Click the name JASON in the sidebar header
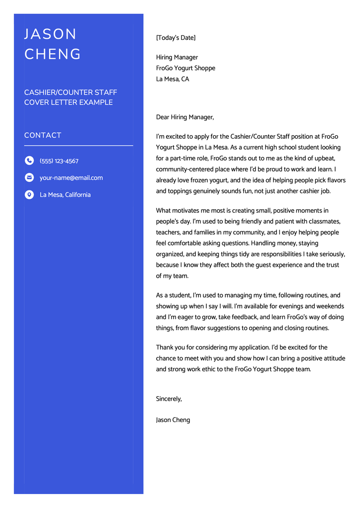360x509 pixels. [51, 34]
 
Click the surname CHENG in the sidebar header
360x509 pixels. [53, 54]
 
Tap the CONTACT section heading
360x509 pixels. [43, 135]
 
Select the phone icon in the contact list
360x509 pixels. [29, 161]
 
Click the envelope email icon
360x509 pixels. [29, 177]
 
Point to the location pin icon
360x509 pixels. [29, 194]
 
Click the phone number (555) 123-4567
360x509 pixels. [59, 161]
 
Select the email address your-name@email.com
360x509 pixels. [71, 178]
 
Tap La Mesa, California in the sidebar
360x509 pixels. [65, 195]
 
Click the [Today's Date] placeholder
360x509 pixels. [176, 38]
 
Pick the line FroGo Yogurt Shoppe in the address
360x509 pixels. [185, 68]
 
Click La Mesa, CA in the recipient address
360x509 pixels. [173, 79]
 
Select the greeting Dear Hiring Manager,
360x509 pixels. [185, 117]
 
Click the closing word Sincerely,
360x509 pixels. [169, 399]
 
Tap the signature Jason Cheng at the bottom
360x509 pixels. [173, 420]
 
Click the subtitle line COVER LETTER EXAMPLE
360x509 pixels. [69, 102]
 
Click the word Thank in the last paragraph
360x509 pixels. [165, 347]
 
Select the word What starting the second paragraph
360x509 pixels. [164, 211]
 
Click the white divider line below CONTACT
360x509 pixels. [79, 146]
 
